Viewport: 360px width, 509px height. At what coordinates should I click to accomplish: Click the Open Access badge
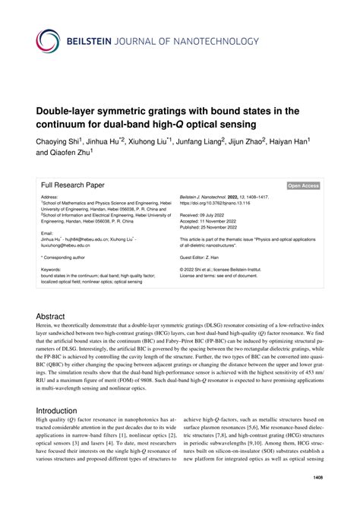303,185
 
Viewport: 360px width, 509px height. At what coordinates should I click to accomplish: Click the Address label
50,198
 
